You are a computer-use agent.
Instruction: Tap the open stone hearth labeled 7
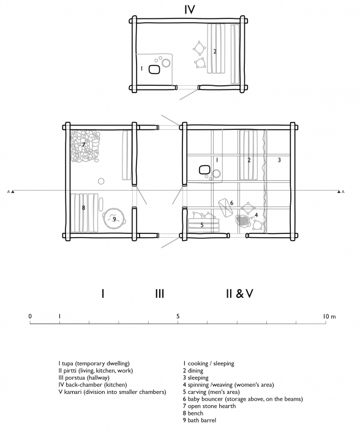[84, 146]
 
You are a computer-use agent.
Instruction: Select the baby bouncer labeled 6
[226, 208]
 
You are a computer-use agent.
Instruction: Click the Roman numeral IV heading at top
[190, 10]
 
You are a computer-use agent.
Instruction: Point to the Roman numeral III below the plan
[160, 294]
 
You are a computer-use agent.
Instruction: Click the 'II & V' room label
[239, 294]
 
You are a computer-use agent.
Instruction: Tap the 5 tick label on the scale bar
[178, 316]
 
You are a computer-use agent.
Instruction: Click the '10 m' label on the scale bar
[329, 316]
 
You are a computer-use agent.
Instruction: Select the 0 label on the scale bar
[30, 316]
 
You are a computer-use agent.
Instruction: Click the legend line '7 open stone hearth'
[209, 406]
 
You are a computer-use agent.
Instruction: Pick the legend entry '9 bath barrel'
[200, 420]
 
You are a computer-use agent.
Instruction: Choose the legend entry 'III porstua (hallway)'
[84, 377]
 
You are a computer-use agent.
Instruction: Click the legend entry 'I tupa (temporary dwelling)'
[94, 363]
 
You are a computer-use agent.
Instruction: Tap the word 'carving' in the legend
[197, 392]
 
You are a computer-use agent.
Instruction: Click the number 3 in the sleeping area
[279, 160]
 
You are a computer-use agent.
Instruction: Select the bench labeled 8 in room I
[84, 213]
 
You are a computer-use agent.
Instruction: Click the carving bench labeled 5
[204, 225]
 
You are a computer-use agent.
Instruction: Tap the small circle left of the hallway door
[101, 181]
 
